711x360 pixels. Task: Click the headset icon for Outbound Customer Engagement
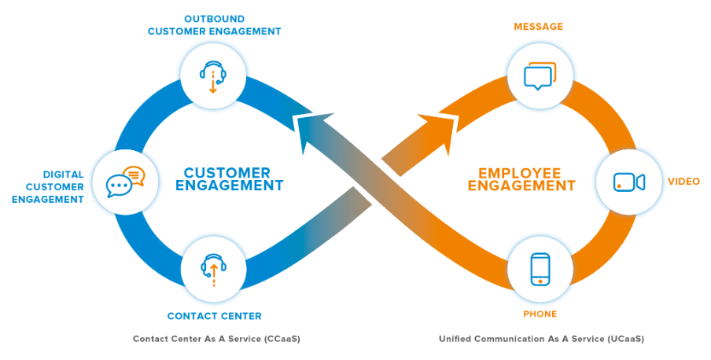[212, 75]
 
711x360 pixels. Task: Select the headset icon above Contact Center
[212, 269]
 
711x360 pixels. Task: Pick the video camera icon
[629, 182]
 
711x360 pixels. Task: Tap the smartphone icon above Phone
[540, 269]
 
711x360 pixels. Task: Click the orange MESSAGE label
[539, 27]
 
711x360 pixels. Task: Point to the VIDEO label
[683, 182]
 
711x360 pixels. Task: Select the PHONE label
[540, 314]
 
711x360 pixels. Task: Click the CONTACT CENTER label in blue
[214, 316]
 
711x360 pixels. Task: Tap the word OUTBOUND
[214, 18]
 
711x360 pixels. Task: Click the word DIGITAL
[63, 174]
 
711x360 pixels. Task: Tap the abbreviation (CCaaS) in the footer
[281, 339]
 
